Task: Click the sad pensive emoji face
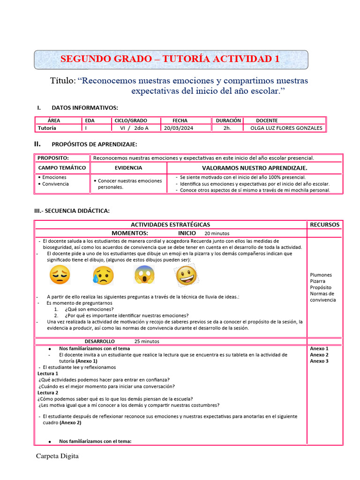pos(60,275)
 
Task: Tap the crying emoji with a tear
pos(103,275)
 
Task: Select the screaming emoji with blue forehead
pos(144,275)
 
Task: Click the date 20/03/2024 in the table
pos(179,128)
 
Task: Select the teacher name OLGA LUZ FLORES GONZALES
pos(286,128)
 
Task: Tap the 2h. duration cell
pos(227,128)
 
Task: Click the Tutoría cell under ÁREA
pos(47,128)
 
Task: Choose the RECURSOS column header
pos(324,225)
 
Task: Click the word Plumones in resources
pos(321,275)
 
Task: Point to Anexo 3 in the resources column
pos(319,361)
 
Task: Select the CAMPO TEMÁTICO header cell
pos(62,167)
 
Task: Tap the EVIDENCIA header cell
pos(128,167)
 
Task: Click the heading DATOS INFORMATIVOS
pos(85,108)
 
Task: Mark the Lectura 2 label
pos(48,393)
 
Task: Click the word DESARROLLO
pos(99,341)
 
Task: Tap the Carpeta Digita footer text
pos(57,456)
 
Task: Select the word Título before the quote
pos(63,81)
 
